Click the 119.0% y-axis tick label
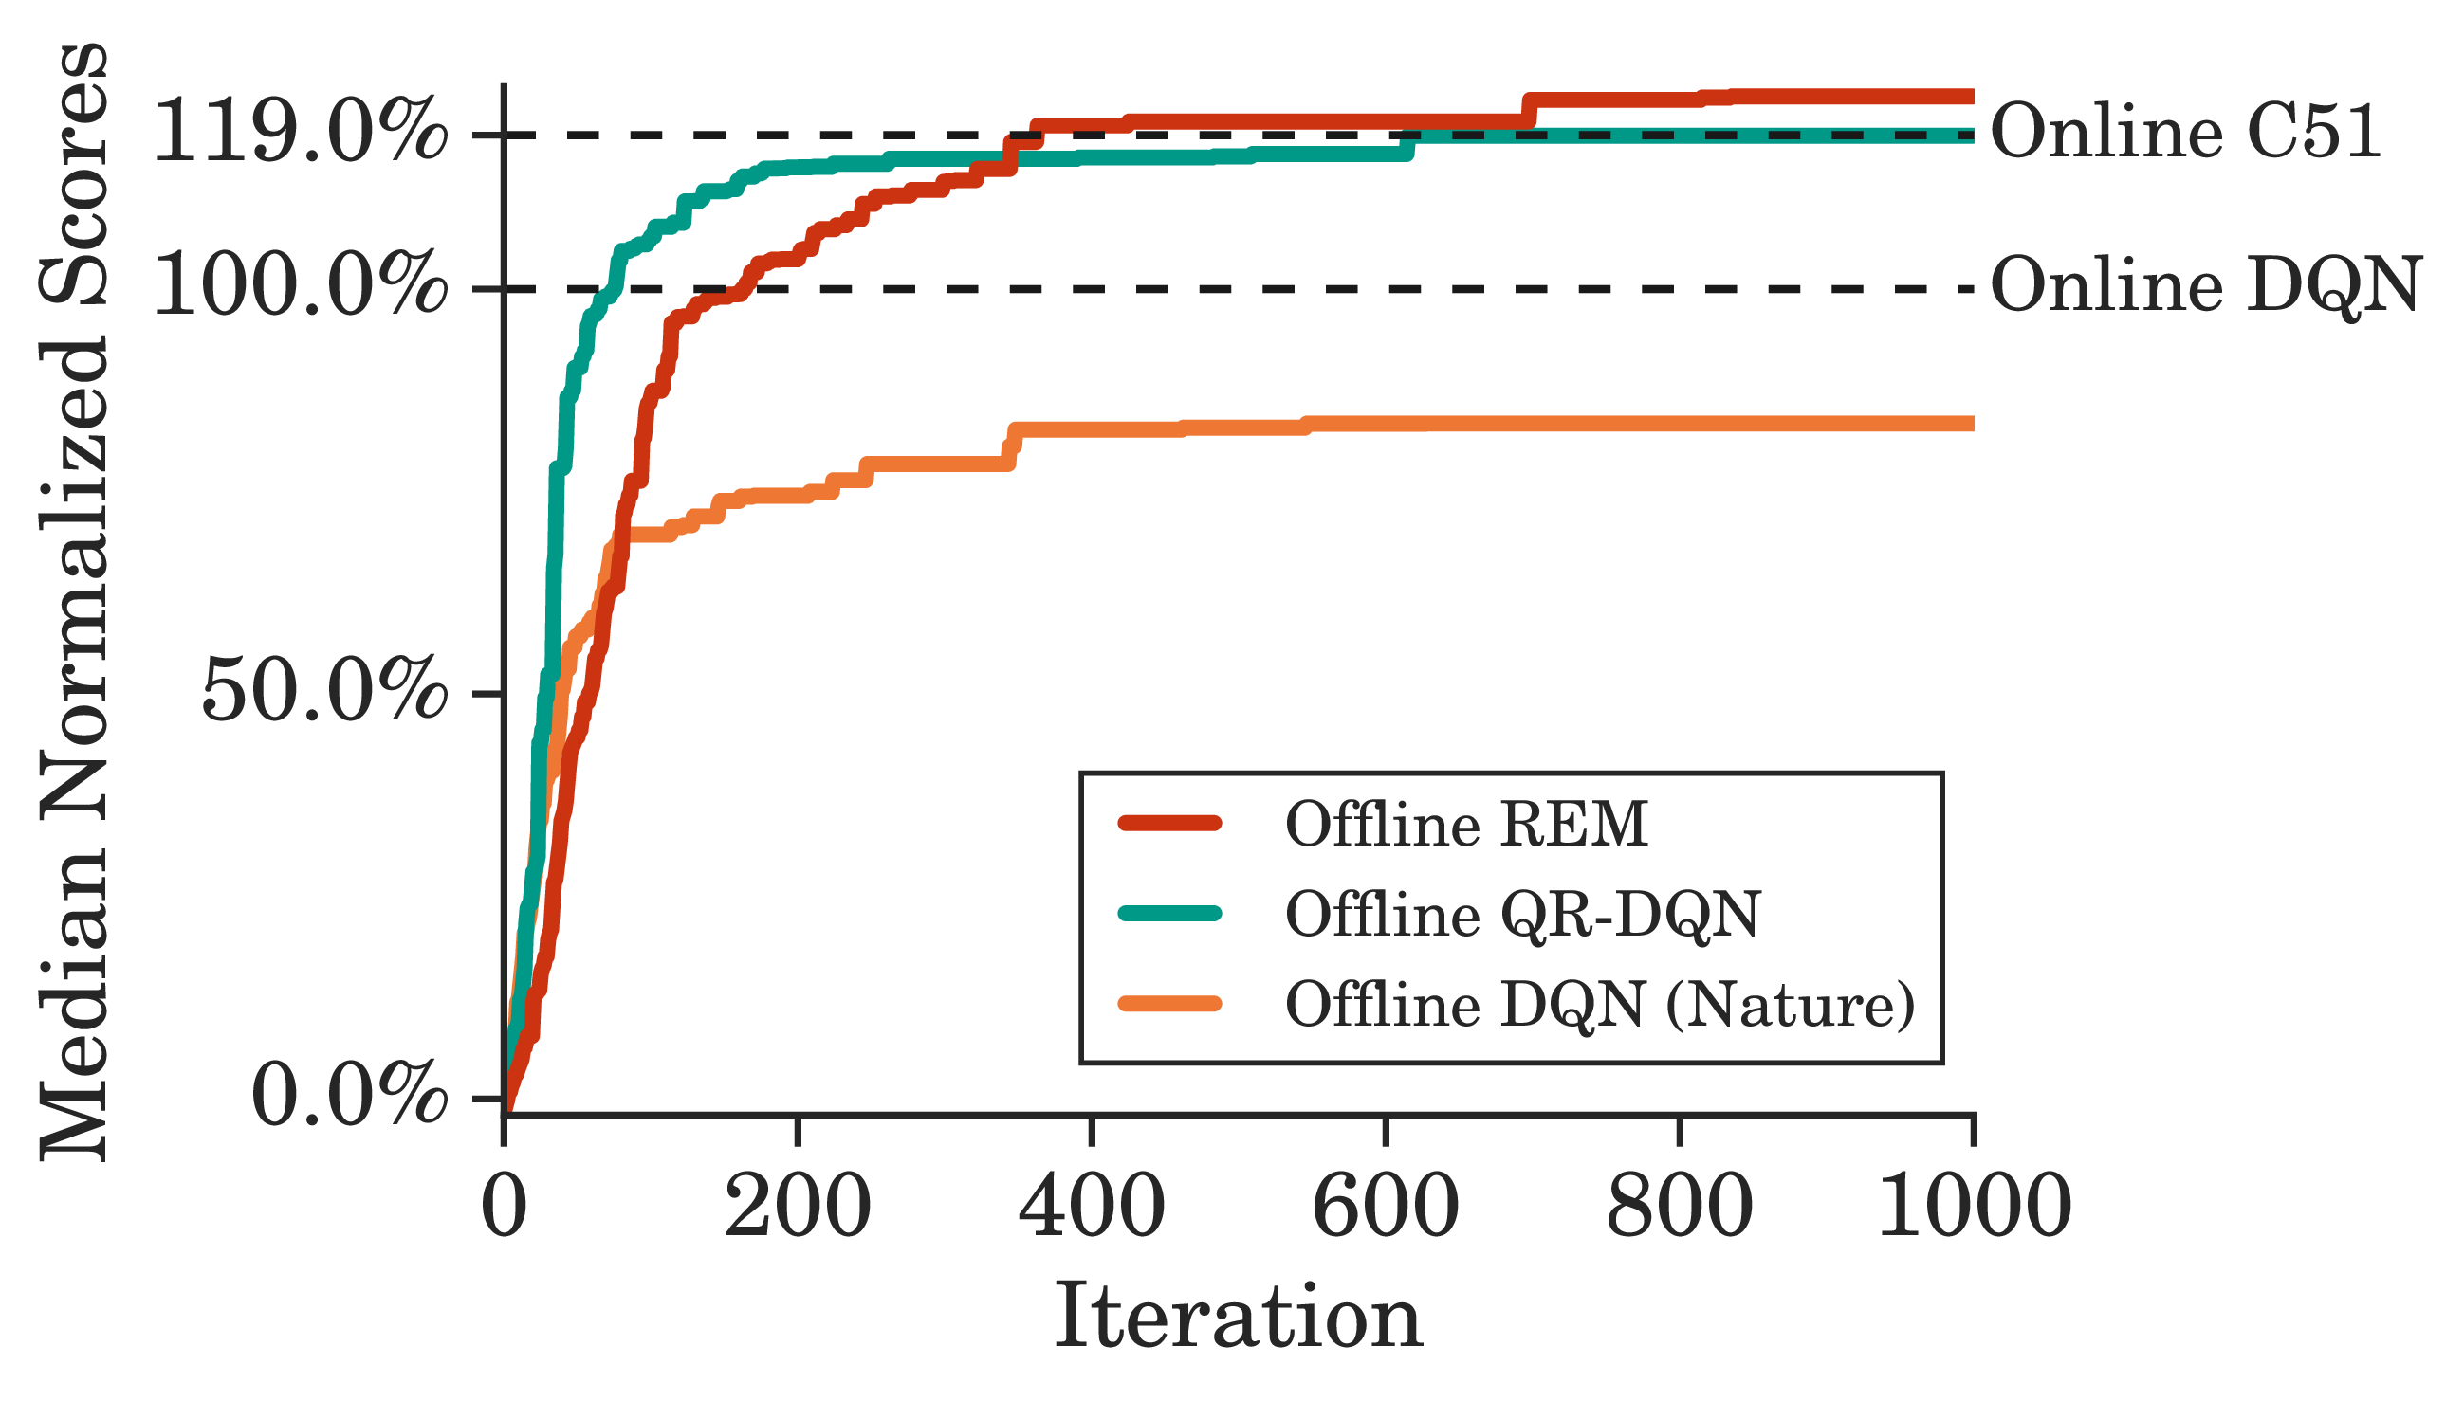[301, 133]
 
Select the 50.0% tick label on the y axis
[324, 692]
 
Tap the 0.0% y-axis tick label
[348, 1096]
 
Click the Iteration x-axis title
[1239, 1319]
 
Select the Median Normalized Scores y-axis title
[74, 601]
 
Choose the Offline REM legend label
[1467, 825]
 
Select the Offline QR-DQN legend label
[1522, 914]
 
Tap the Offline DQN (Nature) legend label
[1600, 1005]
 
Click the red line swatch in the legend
[1170, 823]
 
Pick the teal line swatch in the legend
[1170, 914]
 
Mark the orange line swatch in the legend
[1170, 1005]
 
